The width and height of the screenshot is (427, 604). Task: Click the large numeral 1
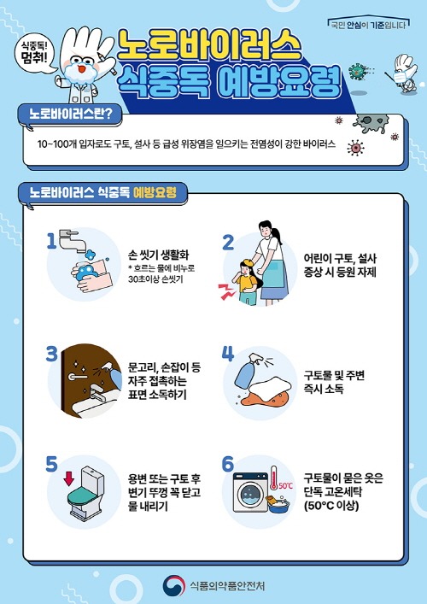[51, 243]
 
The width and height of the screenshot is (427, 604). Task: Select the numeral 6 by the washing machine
[228, 464]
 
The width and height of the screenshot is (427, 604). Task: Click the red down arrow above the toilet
[69, 478]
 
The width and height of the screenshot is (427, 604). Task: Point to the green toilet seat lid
[84, 496]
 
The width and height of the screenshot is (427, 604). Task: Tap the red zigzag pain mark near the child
[227, 291]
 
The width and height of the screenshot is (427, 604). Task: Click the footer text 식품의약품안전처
[227, 586]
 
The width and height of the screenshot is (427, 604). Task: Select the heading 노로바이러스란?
[71, 115]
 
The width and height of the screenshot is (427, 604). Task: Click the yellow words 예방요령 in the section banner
[155, 192]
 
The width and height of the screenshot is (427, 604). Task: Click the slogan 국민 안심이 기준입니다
[369, 26]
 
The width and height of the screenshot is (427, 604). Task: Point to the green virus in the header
[356, 72]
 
